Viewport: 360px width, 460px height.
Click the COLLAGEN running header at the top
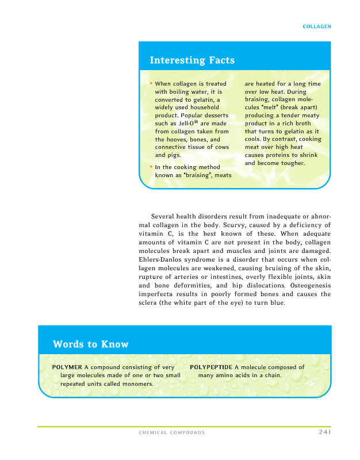click(x=317, y=26)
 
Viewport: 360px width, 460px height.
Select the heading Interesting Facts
click(x=192, y=60)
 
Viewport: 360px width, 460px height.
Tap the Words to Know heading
click(x=90, y=344)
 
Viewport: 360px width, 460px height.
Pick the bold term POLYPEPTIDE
click(x=211, y=367)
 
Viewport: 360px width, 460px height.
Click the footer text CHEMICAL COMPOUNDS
click(x=171, y=432)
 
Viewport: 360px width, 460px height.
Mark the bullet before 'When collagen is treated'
click(x=151, y=83)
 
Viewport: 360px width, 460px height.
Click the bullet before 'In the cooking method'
click(x=151, y=167)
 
